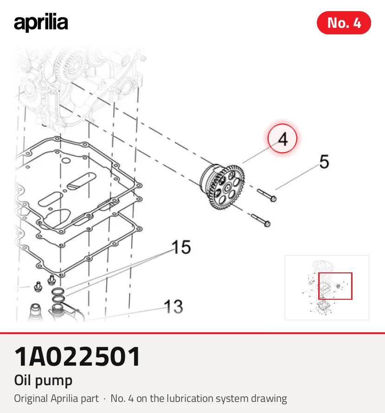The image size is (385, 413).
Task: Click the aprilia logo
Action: point(41,22)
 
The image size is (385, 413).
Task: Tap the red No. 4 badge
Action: point(344,23)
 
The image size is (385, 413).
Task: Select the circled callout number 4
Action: point(282,139)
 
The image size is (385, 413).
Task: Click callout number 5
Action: point(324,161)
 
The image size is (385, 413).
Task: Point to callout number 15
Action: point(181,247)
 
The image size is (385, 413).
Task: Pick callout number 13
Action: point(173,307)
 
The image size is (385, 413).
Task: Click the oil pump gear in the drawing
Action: point(223,187)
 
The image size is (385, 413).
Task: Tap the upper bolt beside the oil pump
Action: point(267,195)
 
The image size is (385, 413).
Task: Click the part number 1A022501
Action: point(77,357)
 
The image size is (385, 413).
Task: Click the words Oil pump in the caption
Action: point(43,381)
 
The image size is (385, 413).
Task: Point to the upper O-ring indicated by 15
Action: point(58,291)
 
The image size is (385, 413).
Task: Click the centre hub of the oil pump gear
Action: point(226,188)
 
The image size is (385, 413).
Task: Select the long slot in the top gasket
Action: point(81,181)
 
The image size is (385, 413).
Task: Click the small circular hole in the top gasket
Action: point(65,161)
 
